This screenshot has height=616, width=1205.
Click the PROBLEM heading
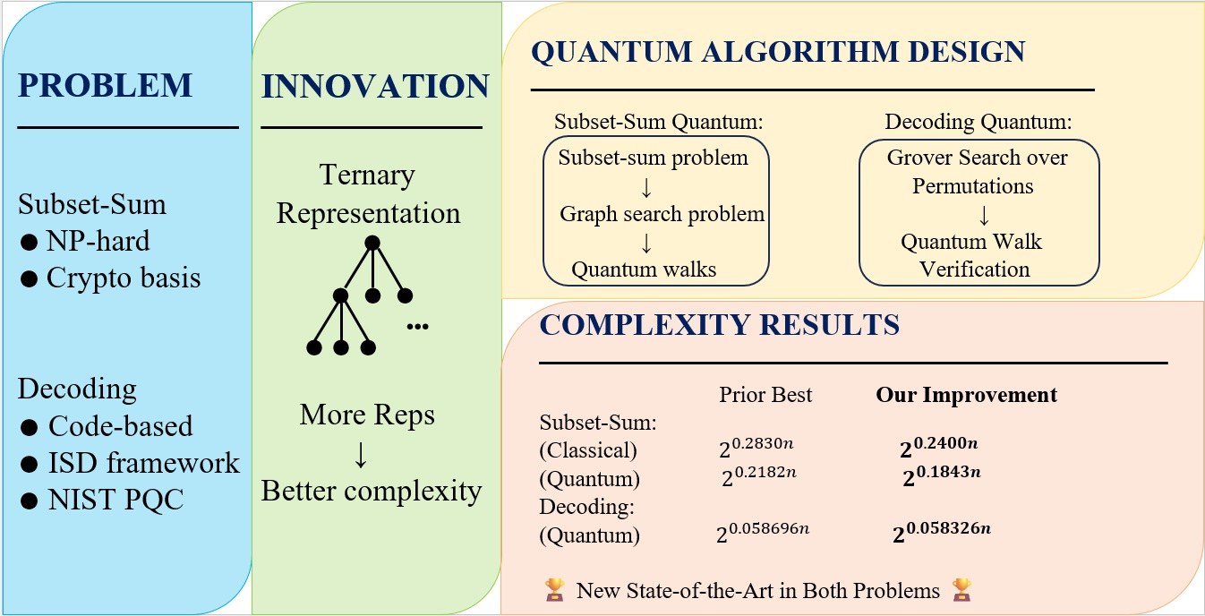(105, 85)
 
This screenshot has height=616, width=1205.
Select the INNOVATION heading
(375, 86)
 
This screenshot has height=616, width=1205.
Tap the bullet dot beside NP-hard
(29, 242)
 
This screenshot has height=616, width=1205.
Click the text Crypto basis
(124, 278)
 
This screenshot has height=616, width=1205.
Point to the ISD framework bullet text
(143, 463)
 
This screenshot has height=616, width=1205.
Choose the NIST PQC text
(115, 500)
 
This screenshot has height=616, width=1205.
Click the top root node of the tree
(372, 244)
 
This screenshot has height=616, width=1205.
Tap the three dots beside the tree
(417, 326)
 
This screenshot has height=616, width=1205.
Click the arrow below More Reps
(361, 455)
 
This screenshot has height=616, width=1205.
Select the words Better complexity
(372, 492)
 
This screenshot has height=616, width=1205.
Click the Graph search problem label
(662, 214)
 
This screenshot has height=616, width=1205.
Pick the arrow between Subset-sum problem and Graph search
(646, 187)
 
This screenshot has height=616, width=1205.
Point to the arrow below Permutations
(984, 215)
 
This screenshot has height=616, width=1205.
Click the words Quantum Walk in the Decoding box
(971, 242)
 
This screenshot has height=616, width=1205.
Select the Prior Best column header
(765, 395)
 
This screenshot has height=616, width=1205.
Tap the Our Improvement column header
(966, 395)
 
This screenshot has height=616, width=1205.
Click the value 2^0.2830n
(756, 447)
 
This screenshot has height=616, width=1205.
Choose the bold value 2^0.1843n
(942, 475)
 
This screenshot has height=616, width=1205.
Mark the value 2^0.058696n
(763, 532)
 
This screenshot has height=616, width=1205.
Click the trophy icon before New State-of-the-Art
(555, 590)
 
